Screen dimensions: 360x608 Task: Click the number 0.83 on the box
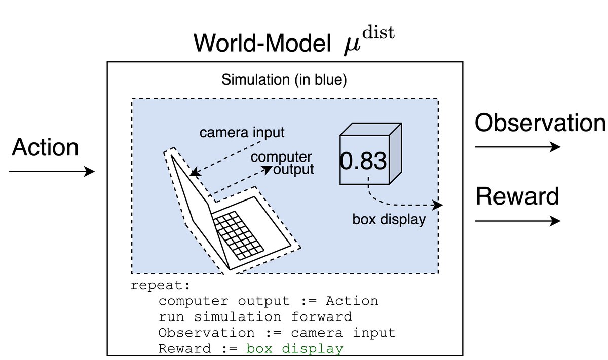pos(363,161)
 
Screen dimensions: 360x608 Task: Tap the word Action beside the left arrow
pos(45,147)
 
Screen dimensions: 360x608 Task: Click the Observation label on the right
pos(540,123)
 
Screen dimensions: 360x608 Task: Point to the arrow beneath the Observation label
pos(517,147)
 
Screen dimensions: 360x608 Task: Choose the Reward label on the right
pos(517,196)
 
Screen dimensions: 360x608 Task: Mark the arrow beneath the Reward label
pos(517,221)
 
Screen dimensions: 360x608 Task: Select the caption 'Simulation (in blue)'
pos(284,81)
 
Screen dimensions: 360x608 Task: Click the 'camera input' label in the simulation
pos(242,133)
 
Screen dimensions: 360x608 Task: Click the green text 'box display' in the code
pos(294,349)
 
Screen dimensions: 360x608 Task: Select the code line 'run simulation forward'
pos(255,317)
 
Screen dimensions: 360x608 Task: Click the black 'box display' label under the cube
pos(389,220)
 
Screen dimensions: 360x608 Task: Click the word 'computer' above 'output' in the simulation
pos(282,157)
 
